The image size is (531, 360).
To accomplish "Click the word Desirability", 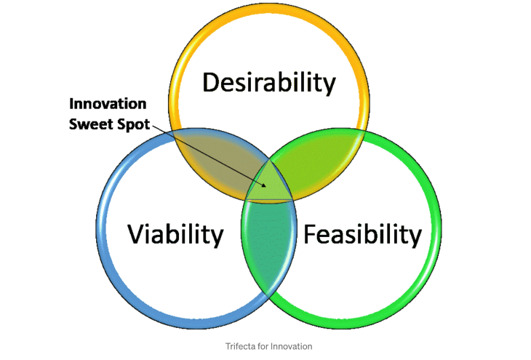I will tap(269, 83).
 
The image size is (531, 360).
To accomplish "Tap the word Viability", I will tap(175, 234).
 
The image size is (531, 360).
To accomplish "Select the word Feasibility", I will tap(362, 234).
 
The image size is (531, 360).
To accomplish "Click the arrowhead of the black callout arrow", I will tap(266, 186).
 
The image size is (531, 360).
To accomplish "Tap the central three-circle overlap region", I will tap(269, 183).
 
